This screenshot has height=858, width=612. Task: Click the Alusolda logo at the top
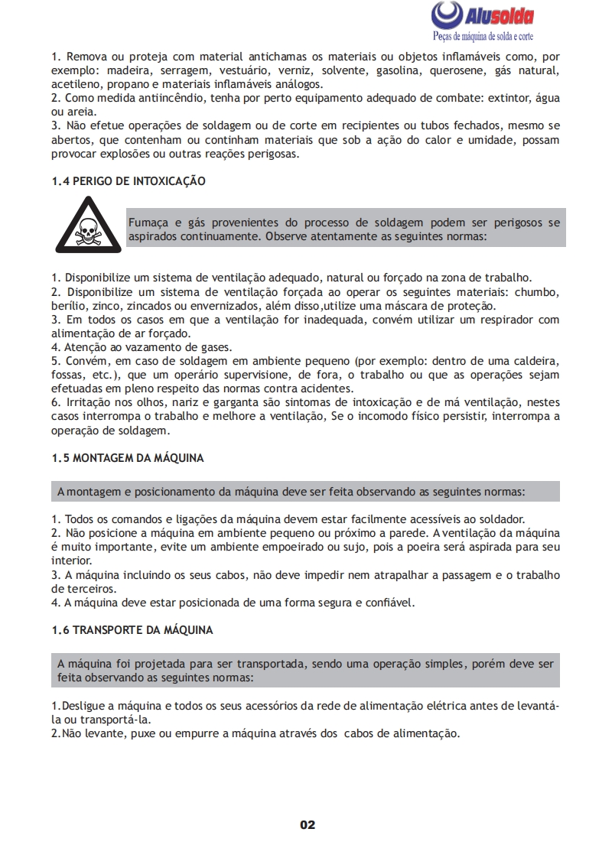point(483,15)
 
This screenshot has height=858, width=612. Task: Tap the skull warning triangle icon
point(88,226)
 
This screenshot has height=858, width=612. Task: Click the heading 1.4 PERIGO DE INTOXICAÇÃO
point(129,181)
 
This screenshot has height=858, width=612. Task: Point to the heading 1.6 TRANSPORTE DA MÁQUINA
point(132,630)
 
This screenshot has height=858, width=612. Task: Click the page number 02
point(308,824)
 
